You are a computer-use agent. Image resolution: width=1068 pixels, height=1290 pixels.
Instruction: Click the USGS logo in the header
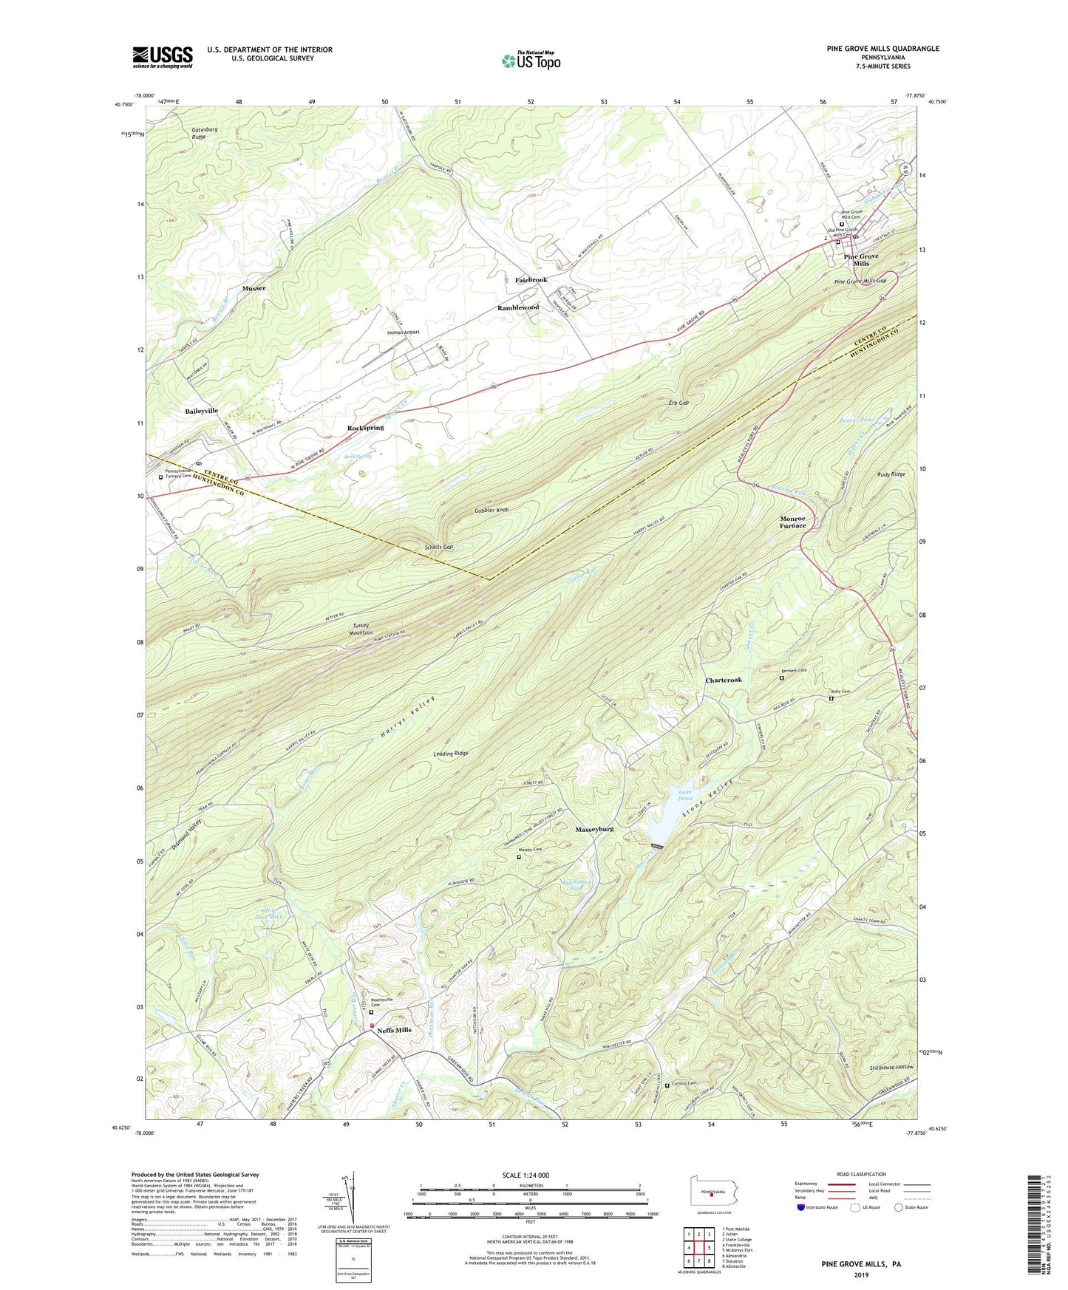[x=163, y=56]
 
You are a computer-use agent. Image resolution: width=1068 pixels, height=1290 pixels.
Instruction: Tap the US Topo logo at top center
[x=531, y=61]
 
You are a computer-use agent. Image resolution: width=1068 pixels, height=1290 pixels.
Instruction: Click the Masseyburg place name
[x=594, y=829]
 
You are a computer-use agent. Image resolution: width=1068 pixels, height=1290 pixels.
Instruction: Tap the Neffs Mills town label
[x=394, y=1030]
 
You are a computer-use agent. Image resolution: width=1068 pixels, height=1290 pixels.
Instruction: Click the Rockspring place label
[x=365, y=428]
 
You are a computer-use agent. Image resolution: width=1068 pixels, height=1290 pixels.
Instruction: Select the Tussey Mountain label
[x=361, y=629]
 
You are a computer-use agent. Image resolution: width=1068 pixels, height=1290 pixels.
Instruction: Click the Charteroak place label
[x=723, y=680]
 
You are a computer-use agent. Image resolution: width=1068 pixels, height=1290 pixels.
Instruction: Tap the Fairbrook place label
[x=531, y=280]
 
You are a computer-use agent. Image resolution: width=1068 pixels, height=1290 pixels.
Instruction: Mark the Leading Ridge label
[x=450, y=753]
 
